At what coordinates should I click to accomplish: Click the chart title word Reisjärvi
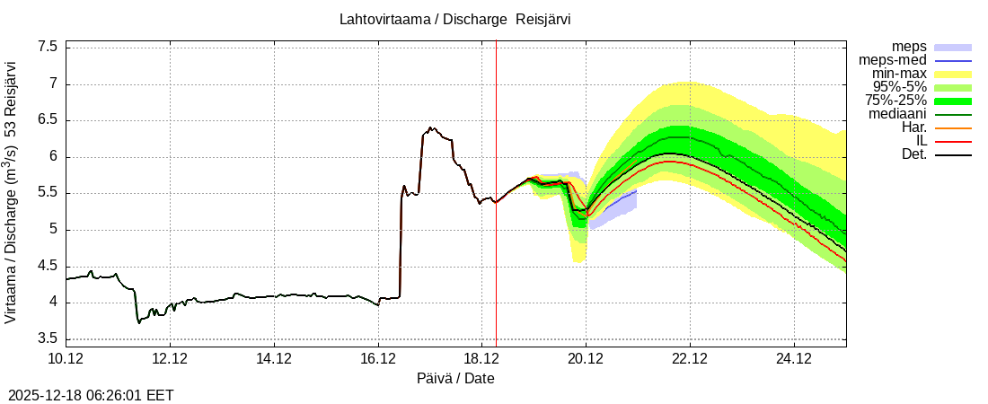(543, 19)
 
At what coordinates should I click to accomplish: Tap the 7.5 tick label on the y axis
(48, 47)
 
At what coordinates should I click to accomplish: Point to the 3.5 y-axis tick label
(48, 338)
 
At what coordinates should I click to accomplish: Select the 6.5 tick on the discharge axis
(48, 119)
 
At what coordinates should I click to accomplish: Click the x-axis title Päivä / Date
(455, 379)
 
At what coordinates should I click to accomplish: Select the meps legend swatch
(953, 47)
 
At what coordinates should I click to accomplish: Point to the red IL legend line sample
(953, 141)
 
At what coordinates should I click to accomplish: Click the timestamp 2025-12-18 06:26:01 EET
(91, 395)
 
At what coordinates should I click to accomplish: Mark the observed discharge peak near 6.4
(431, 128)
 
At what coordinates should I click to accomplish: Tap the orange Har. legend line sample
(953, 127)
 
